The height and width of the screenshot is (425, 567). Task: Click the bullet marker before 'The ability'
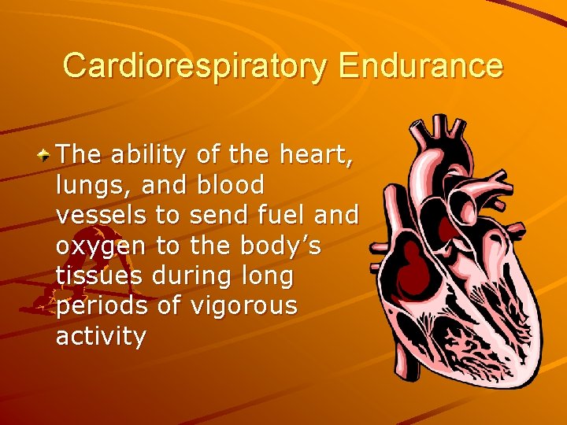point(46,154)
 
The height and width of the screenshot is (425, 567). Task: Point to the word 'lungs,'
point(86,186)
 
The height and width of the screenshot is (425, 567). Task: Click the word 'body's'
point(278,246)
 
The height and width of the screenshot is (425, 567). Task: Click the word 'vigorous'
point(243,306)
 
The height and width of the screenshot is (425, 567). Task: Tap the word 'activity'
point(101,337)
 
